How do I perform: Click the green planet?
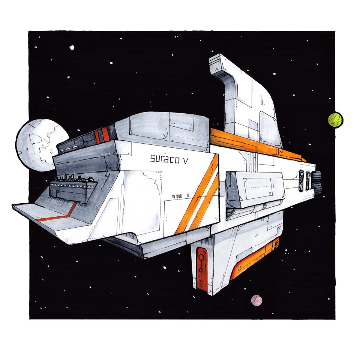(x=335, y=119)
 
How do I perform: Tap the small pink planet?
(x=256, y=300)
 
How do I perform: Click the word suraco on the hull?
(x=165, y=159)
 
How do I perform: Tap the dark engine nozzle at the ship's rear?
(x=316, y=183)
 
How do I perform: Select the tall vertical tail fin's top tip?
(x=219, y=54)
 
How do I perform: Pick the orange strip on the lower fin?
(x=255, y=258)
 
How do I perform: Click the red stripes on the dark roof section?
(x=102, y=135)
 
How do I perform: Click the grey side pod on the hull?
(x=255, y=190)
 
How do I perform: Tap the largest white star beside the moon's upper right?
(x=72, y=48)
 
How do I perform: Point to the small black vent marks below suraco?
(x=177, y=196)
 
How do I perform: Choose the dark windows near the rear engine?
(x=304, y=181)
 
